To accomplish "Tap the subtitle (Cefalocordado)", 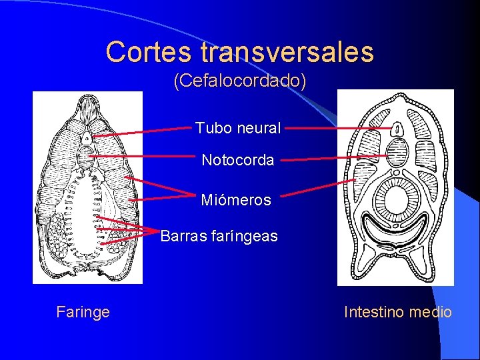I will tap(240, 81).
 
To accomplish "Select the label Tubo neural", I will tap(238, 128).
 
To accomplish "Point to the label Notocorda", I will tap(238, 160).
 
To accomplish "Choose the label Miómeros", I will tap(236, 200).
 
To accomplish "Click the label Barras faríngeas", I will tap(219, 236).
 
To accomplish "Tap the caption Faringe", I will tap(83, 311).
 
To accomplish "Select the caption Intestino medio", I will tap(397, 311).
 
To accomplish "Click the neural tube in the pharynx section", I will tap(87, 139).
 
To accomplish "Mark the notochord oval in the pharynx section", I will tap(87, 158).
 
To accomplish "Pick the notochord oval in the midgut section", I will tap(397, 150).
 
